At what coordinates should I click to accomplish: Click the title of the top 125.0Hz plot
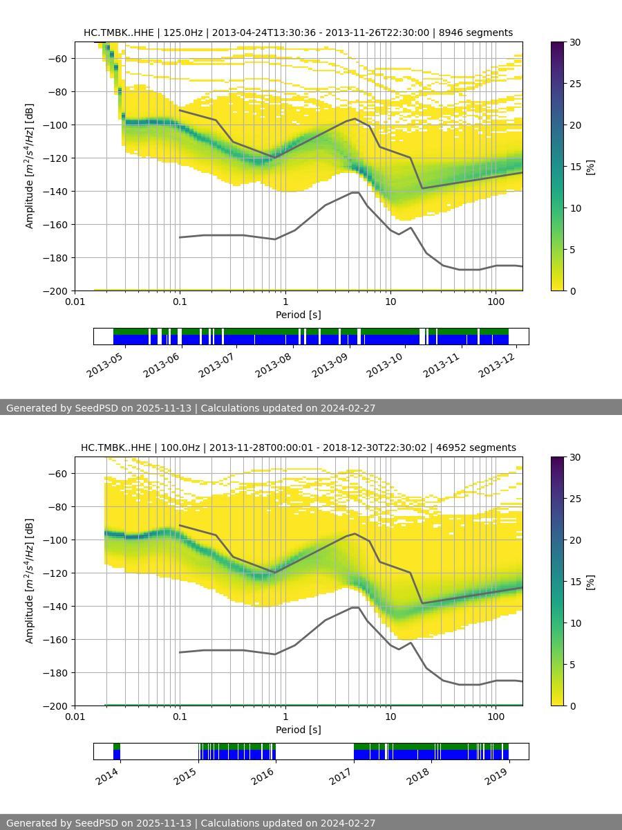coord(298,33)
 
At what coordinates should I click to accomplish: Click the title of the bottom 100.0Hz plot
coord(298,448)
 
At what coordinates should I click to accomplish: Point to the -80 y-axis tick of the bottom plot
coord(59,506)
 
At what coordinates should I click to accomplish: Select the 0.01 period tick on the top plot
coord(75,301)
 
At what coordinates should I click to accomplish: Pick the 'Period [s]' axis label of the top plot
coord(298,314)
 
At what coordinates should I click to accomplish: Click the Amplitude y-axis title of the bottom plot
coord(29,581)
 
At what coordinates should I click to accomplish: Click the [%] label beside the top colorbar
coord(590,167)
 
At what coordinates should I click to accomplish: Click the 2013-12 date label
coord(496,365)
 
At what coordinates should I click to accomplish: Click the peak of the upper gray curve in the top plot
coord(355,118)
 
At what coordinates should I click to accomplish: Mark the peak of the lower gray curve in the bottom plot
coord(355,607)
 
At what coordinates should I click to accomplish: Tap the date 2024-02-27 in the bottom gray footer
coord(348,823)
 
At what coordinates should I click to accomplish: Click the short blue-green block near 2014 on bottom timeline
coord(117,751)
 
